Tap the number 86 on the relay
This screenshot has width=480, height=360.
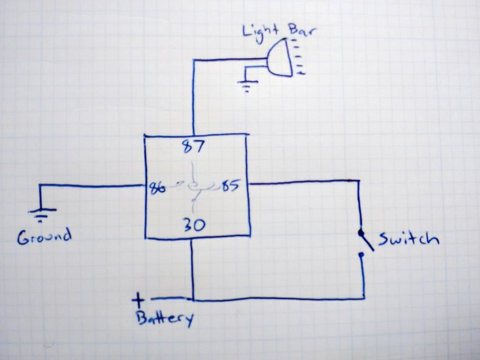coord(157,188)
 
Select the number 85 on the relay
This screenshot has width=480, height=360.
coord(230,186)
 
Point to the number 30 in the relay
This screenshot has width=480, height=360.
coord(193,225)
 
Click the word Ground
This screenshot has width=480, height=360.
coord(44,236)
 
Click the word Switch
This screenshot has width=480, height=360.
coord(408,240)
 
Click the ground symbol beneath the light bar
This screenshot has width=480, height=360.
coord(247,86)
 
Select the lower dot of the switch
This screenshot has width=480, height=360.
coord(361,255)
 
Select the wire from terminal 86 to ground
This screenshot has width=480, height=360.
coord(94,186)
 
